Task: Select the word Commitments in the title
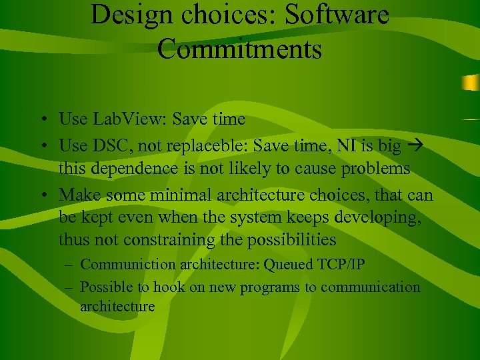click(239, 49)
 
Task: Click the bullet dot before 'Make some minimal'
click(42, 195)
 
